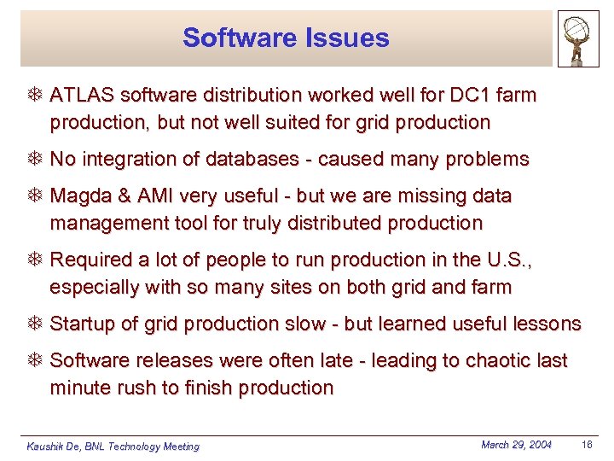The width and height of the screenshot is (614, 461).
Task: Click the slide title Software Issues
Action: (x=286, y=38)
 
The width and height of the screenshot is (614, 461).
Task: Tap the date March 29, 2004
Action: (x=516, y=445)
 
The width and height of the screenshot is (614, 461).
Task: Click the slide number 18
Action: (x=587, y=445)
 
